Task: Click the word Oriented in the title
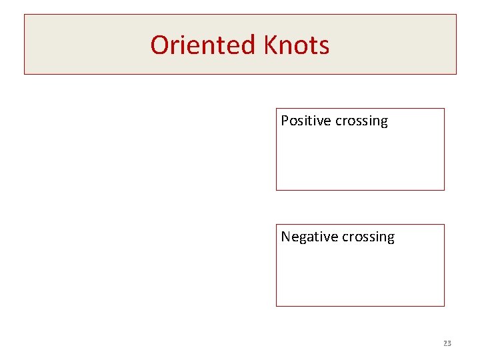(203, 45)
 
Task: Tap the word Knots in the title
(297, 45)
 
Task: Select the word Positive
(306, 121)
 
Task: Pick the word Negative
(309, 237)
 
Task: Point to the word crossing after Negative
(368, 237)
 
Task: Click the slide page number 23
(447, 343)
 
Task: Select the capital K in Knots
(271, 45)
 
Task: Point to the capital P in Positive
(285, 121)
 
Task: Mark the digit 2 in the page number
(445, 343)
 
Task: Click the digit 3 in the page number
(449, 343)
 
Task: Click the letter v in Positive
(320, 121)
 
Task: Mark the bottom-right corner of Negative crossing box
(444, 306)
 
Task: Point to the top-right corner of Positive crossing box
(444, 109)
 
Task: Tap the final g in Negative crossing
(390, 239)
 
